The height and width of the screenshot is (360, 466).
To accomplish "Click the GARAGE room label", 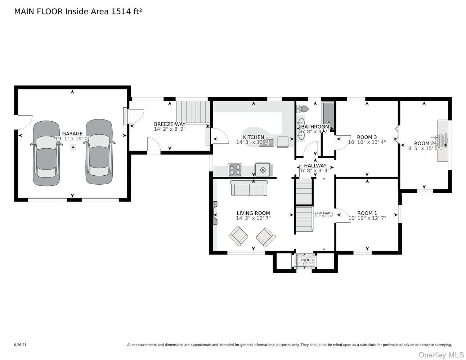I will point(72,134).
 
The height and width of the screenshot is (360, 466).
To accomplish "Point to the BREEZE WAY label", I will point(170,124).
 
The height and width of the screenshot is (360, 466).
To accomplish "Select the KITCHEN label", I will point(254,137).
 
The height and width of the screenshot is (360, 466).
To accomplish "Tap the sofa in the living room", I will point(249,188).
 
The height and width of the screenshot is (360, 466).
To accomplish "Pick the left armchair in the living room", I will point(238,236).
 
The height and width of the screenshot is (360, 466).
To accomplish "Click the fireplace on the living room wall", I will point(215,213).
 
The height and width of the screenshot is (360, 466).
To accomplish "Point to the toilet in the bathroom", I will point(304,109).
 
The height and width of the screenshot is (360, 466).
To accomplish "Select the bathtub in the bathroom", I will point(328,115).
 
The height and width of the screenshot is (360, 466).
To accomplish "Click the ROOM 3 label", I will point(367,137).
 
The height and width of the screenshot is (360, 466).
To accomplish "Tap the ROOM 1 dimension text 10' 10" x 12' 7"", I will point(367,218).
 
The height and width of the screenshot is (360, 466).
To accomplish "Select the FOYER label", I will point(304,260).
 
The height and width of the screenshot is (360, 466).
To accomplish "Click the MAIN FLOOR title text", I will point(78,12).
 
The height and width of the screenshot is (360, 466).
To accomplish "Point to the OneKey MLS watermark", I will point(441,355).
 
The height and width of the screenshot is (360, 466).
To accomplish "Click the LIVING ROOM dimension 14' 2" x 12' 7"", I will point(253,218).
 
